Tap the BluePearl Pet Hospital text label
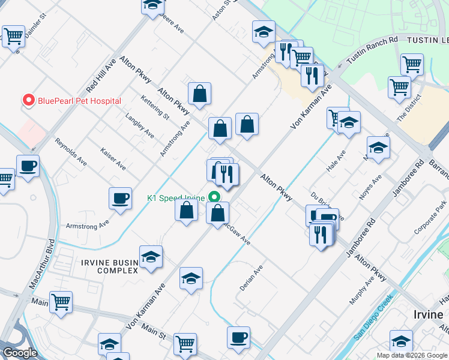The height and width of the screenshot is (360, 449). pos(79,101)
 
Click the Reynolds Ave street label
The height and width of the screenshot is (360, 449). pos(71,152)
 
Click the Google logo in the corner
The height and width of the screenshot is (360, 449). pos(20,353)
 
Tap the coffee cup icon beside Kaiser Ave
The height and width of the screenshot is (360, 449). pos(121,199)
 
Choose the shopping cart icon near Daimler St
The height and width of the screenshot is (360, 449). pos(13,37)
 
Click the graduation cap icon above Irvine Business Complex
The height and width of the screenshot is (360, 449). pos(151,257)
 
